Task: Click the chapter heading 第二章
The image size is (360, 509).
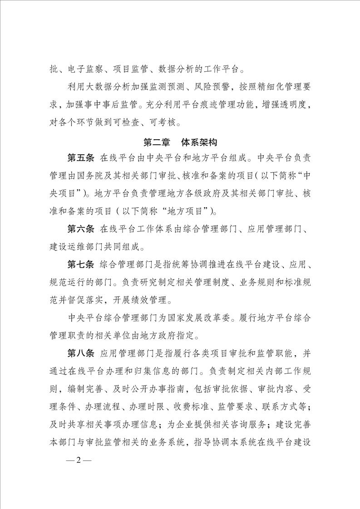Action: (x=157, y=142)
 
